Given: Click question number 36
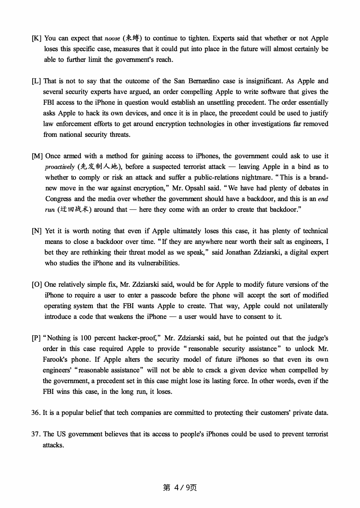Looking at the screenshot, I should click(36, 413).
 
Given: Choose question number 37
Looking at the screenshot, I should click(36, 434).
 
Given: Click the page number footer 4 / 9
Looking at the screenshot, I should click(180, 488).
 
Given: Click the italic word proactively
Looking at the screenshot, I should click(60, 167).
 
